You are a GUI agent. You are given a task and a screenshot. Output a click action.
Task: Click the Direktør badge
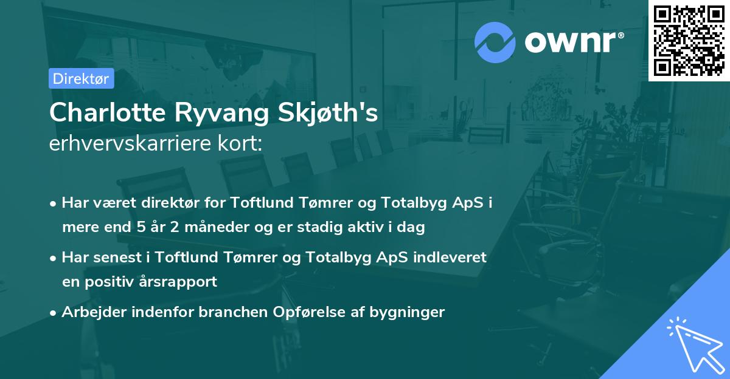coord(81,78)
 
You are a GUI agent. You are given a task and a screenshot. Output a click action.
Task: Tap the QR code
coord(689,41)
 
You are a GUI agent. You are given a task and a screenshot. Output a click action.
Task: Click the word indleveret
coord(450,258)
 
